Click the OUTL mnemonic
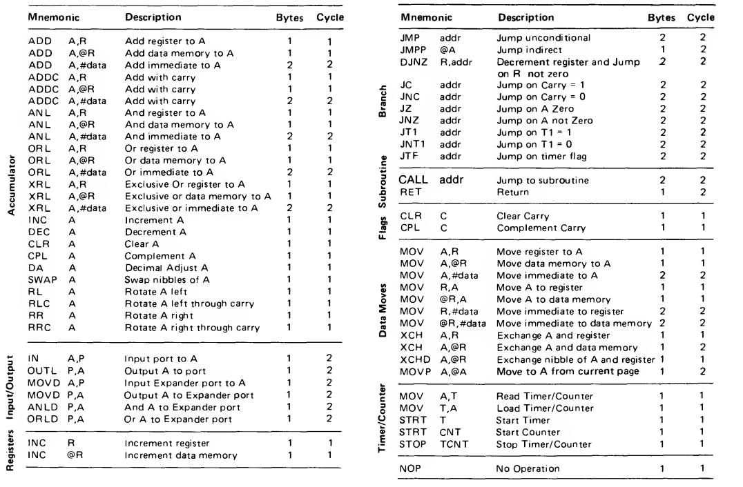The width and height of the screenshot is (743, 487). (40, 370)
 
